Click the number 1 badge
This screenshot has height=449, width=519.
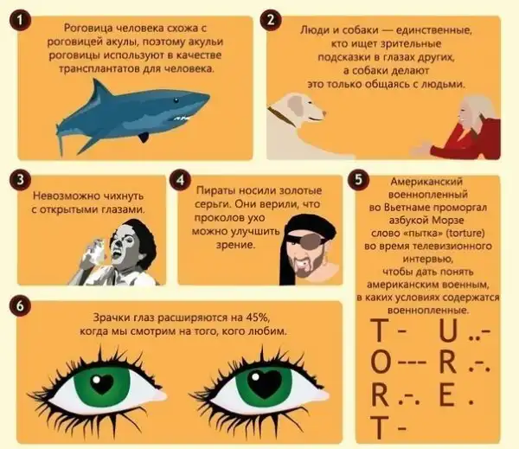[x=20, y=20]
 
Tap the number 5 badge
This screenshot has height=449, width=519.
[x=358, y=180]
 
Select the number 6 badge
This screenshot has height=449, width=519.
[x=20, y=306]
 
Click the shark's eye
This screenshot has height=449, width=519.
[x=176, y=100]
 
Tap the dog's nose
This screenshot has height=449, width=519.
[x=324, y=113]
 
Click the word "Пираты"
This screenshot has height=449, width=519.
[x=215, y=190]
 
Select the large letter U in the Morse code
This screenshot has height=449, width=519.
[x=448, y=330]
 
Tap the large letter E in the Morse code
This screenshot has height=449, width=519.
[x=446, y=395]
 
